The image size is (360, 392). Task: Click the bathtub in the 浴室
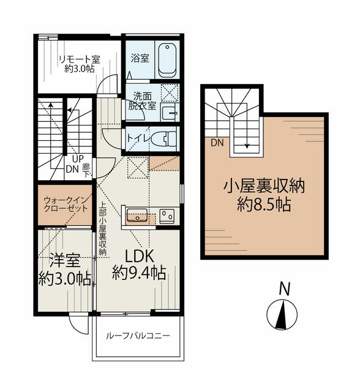pos(167,60)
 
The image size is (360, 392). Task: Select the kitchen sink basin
pos(137,215)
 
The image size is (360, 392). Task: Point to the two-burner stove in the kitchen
pos(167,216)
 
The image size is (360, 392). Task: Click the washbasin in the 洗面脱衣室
pos(170,113)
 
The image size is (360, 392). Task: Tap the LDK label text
pos(139,257)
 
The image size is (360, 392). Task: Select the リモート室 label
pos(80,59)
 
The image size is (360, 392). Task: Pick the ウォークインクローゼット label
pos(66,204)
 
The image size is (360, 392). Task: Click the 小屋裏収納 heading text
pos(264,186)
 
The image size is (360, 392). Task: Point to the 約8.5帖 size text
pos(264,204)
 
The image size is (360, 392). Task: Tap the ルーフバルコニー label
pos(138,336)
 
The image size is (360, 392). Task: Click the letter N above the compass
pos(284,288)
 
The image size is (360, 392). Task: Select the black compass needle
pos(282,315)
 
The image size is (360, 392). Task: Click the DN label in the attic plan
pos(217,143)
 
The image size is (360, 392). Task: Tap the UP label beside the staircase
pos(78,159)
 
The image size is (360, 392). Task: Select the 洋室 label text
pos(65,260)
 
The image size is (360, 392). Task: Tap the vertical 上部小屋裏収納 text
pos(103,228)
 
